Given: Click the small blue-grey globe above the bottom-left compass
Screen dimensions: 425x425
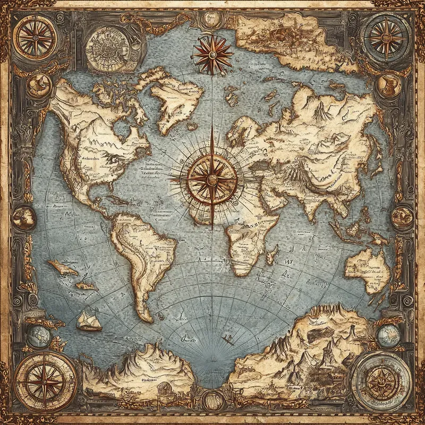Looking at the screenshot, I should (x=38, y=335).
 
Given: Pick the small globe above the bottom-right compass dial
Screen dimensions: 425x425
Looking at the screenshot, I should (x=388, y=336).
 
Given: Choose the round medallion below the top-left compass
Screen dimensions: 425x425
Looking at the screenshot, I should (x=39, y=85).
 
